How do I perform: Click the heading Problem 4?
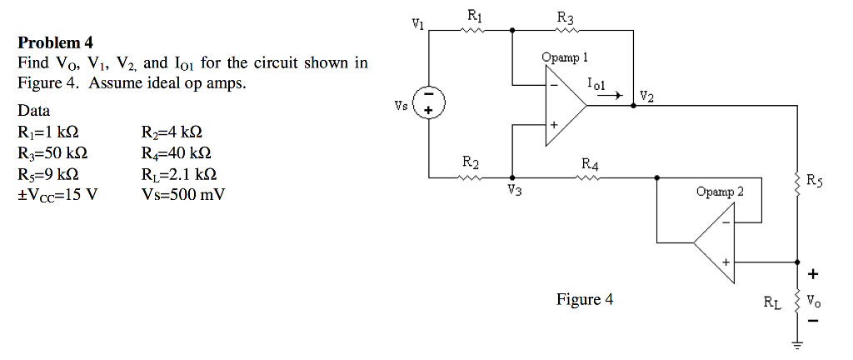(x=55, y=42)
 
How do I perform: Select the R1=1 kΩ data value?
(x=48, y=133)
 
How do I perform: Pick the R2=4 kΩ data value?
(x=172, y=133)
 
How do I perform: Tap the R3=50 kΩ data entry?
(x=52, y=154)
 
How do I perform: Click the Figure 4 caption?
(x=584, y=299)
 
